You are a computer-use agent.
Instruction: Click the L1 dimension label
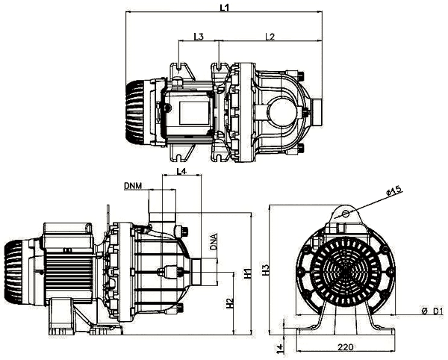(x=225, y=7)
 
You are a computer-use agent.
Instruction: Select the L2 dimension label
(x=270, y=37)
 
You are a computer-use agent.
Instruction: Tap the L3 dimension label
(x=199, y=37)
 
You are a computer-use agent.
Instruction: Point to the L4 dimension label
(x=181, y=171)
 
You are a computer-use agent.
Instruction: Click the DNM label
(x=133, y=186)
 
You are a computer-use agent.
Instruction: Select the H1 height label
(x=247, y=273)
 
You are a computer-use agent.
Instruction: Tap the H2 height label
(x=230, y=303)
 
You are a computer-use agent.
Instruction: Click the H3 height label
(x=266, y=270)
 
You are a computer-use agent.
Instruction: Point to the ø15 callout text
(x=394, y=191)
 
